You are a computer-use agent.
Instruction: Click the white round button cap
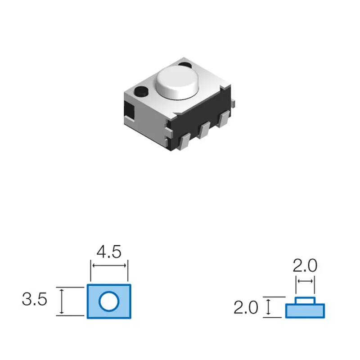177,83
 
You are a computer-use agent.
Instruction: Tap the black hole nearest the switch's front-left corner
141,91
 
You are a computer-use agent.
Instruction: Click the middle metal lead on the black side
204,130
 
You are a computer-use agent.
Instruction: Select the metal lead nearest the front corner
184,142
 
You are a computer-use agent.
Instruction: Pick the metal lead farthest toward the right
224,119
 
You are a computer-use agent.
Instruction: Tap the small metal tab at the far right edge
233,103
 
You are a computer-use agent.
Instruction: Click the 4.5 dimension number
109,252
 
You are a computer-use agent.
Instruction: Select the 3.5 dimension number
35,299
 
